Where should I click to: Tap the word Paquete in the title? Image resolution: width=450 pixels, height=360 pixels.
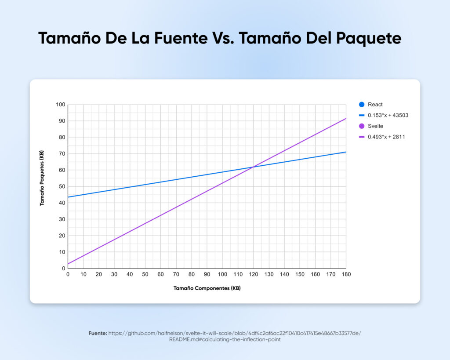click(x=369, y=39)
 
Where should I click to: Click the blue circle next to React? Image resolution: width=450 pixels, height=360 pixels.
click(x=362, y=105)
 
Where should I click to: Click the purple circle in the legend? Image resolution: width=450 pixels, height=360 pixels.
click(x=362, y=126)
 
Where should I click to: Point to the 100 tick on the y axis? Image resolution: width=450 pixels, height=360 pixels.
click(x=60, y=105)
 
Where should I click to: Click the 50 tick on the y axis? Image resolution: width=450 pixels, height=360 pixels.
click(x=62, y=186)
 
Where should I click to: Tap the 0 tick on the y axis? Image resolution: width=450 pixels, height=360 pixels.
click(x=63, y=268)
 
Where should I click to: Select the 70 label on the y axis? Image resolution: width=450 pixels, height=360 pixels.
click(x=62, y=154)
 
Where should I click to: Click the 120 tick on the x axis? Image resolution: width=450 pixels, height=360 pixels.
click(x=253, y=274)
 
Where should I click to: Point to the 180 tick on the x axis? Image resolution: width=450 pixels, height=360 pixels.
click(x=346, y=274)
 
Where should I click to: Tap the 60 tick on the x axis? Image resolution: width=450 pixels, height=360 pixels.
click(x=160, y=274)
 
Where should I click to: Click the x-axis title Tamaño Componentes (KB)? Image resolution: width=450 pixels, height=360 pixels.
click(x=207, y=288)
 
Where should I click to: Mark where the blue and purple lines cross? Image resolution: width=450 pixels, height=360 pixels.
click(x=253, y=167)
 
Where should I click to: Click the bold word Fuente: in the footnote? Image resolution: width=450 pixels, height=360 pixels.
click(x=97, y=334)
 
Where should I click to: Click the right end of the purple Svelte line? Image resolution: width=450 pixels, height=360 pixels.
click(x=346, y=119)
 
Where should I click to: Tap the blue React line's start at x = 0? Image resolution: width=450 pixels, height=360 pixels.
click(x=68, y=197)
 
